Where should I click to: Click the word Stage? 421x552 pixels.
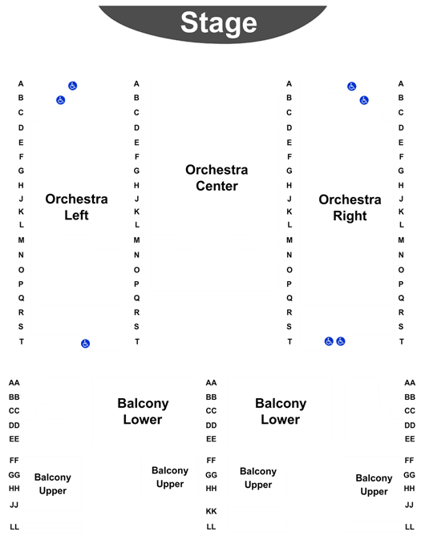point(219,23)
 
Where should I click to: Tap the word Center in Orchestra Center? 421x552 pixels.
point(217,186)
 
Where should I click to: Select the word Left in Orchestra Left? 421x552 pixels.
point(76,215)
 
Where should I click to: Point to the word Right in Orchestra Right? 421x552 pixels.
point(350,216)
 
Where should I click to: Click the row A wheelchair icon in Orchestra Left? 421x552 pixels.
point(73,86)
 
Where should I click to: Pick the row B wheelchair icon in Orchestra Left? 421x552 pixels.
point(61,100)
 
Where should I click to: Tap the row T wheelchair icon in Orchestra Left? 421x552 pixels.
point(85,343)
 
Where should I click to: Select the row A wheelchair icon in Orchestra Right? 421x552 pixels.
point(351,87)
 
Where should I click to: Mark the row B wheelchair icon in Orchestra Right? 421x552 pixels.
point(364,100)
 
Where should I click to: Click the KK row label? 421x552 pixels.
point(211,511)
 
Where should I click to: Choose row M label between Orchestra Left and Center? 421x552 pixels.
point(136,240)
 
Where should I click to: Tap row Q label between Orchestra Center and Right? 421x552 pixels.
point(289,298)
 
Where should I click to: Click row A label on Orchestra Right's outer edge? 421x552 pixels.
point(401,84)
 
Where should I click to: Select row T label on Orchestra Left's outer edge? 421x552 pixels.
point(22,341)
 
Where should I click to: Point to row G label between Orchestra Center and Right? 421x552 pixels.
point(289,171)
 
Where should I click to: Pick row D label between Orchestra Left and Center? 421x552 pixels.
point(136,128)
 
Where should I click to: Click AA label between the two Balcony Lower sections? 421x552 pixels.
point(211,383)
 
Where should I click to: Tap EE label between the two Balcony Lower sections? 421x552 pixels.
point(211,439)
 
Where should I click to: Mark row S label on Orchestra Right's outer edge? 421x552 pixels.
point(401,327)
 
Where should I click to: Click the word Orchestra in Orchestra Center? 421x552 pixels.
point(217,170)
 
